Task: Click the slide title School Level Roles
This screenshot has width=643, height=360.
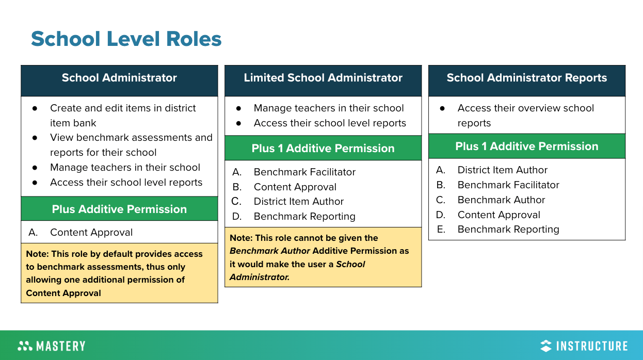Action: coord(126,39)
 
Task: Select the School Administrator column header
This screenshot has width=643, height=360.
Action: coord(119,78)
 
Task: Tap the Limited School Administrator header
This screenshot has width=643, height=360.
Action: coord(323,78)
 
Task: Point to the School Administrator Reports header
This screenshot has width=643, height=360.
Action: coord(526,78)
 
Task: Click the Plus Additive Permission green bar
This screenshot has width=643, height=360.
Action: coord(119,209)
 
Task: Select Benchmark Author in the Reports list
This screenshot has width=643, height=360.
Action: coord(501,200)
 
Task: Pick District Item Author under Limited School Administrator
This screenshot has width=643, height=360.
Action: coord(298,201)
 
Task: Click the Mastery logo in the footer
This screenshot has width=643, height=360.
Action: coord(51,346)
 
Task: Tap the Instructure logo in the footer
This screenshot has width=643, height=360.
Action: coord(584,346)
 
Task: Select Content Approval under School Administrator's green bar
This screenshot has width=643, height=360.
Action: coord(91,232)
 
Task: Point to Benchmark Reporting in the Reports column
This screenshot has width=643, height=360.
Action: coord(508,229)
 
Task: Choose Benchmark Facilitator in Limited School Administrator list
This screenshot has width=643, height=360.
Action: coord(304,172)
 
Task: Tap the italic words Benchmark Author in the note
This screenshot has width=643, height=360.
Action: coord(270,251)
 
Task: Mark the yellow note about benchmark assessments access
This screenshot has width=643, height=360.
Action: coord(119,273)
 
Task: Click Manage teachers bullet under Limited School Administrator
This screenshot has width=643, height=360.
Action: coord(329,108)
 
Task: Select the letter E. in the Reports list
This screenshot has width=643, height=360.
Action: coord(441,229)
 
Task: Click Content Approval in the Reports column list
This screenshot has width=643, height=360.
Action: coord(499,215)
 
